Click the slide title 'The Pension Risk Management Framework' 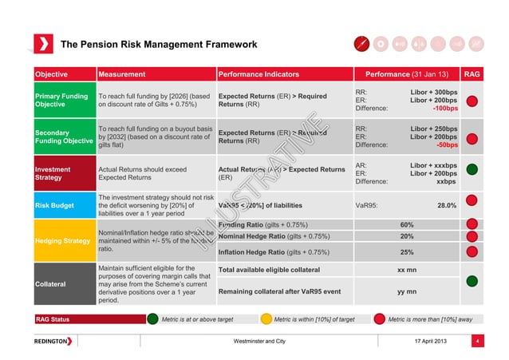click(159, 44)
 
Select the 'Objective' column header click(50, 74)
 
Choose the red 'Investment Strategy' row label click(52, 174)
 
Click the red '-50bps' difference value click(446, 145)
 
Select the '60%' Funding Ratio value click(406, 224)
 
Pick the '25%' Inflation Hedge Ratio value click(406, 252)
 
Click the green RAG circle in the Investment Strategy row click(472, 169)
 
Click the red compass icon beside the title click(361, 43)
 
